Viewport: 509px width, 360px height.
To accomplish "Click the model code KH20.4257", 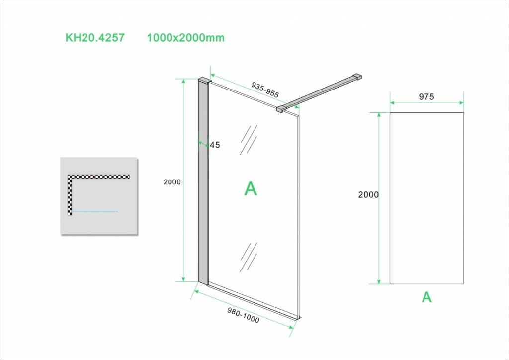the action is click(95, 38).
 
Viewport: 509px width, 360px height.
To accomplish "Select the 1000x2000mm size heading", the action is click(186, 38).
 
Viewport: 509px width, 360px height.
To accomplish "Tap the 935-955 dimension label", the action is click(265, 90).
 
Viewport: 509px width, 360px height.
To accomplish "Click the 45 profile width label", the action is click(215, 145).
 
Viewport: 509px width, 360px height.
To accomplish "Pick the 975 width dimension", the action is click(426, 97).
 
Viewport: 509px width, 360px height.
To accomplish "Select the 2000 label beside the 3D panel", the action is click(172, 182).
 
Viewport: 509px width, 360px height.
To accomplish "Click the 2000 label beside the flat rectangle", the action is click(368, 195).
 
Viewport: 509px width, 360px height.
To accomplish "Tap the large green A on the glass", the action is click(251, 188).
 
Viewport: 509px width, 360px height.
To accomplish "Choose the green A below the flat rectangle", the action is click(427, 297).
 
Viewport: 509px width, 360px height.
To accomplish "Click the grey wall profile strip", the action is click(203, 182).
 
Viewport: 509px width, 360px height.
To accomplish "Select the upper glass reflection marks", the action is click(249, 140).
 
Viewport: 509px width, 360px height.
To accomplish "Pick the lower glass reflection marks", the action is click(249, 257).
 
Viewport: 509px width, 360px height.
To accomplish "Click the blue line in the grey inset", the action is click(95, 211).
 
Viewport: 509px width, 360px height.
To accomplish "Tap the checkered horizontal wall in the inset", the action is click(99, 177).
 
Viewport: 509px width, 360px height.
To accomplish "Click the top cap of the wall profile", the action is click(205, 80).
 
